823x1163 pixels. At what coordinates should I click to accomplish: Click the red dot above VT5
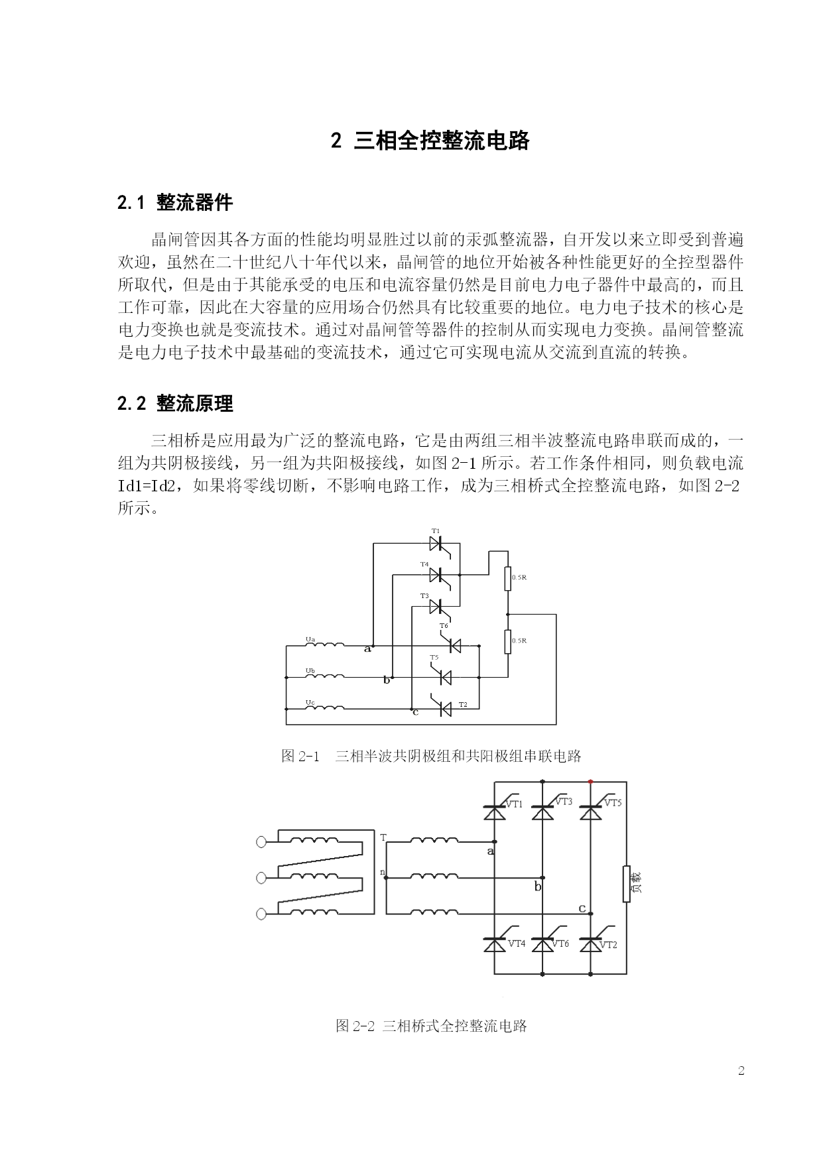591,782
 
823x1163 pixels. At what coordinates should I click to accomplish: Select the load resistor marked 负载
627,884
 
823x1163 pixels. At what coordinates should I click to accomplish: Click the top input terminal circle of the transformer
261,842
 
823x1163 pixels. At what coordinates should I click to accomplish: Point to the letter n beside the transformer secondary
382,871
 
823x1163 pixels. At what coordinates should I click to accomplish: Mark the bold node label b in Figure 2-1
387,680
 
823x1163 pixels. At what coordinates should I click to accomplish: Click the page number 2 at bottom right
741,1070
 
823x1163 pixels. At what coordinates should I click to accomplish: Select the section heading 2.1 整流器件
175,203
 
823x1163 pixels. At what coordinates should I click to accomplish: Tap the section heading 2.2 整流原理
175,403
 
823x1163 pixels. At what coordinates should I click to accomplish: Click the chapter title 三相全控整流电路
442,141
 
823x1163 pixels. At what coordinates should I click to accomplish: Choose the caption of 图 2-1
431,756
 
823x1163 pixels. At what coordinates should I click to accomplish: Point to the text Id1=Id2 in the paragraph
147,486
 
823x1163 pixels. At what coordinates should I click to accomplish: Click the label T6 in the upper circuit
444,626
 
